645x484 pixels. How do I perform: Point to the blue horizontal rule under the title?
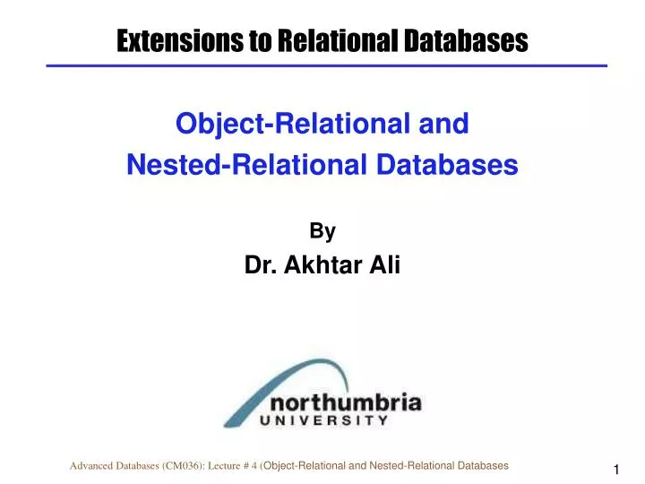[326, 65]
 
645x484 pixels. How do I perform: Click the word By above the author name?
[322, 231]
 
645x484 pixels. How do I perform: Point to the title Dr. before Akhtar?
[260, 264]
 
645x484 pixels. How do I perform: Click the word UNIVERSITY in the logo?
[325, 419]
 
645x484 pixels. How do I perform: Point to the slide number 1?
[617, 471]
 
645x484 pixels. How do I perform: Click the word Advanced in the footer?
[93, 466]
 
